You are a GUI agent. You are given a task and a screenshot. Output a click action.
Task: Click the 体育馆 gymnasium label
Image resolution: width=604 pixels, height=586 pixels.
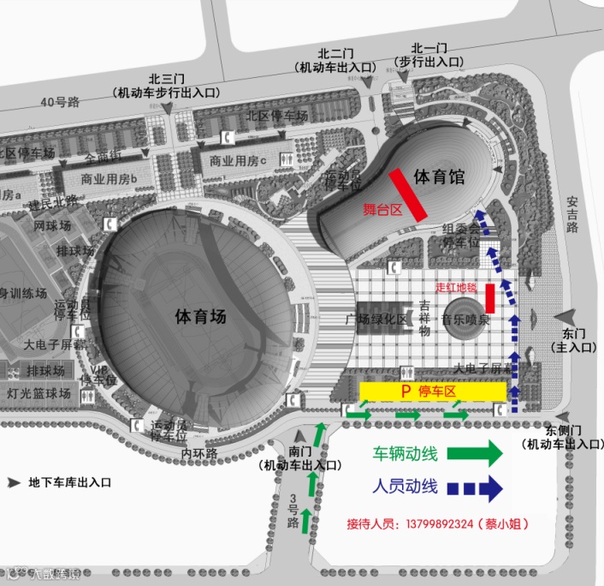coord(438,177)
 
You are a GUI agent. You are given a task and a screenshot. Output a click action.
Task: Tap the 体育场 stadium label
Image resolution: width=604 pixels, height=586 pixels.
coord(200,316)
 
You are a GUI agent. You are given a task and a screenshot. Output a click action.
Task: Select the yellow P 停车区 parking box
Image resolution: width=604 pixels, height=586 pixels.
coord(432,391)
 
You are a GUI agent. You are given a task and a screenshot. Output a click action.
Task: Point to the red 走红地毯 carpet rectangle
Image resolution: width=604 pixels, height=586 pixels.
coord(490,297)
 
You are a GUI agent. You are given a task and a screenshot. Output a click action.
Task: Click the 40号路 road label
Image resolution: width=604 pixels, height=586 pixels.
coord(60,102)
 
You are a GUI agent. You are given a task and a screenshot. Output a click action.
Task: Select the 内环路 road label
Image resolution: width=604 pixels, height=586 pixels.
coord(199,451)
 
